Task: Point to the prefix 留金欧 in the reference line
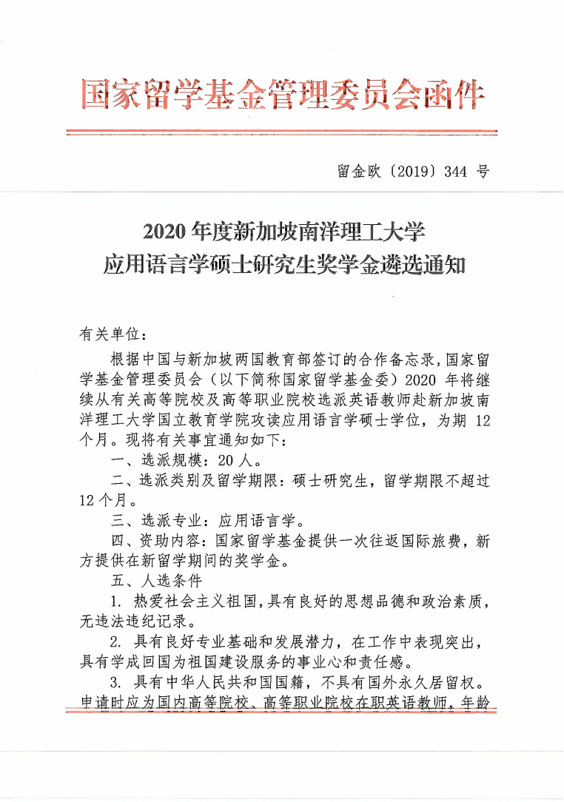click(354, 172)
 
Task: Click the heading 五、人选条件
click(154, 581)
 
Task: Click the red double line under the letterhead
click(281, 133)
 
